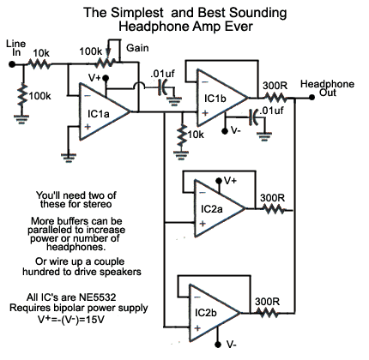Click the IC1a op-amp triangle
coord(105,111)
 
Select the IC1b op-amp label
coord(215,99)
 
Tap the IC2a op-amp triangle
coord(220,208)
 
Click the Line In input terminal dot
coord(12,64)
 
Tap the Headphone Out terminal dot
coord(312,98)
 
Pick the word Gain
coord(137,48)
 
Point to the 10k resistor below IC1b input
coord(181,136)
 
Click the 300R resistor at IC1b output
coord(275,98)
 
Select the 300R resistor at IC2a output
coord(272,210)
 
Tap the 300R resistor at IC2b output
coord(267,313)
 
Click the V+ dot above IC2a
coord(219,181)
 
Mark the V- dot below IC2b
coord(218,344)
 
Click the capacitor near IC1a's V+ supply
coord(163,87)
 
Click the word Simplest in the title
coord(137,13)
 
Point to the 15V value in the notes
coord(95,319)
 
